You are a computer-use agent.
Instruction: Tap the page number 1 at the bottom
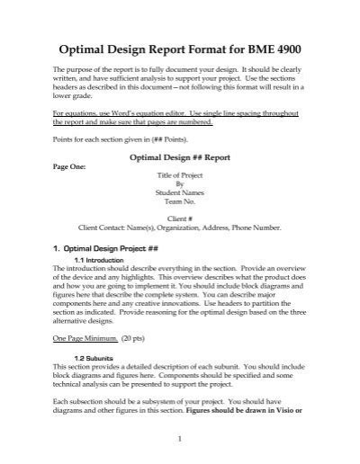tap(180, 439)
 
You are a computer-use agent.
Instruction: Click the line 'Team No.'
tap(180, 203)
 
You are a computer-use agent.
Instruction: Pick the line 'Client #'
tap(180, 219)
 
